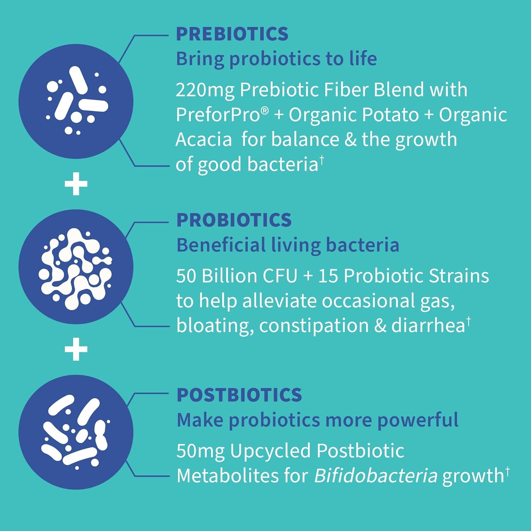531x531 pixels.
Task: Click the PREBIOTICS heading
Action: pos(232,34)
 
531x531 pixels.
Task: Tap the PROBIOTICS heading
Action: pos(234,220)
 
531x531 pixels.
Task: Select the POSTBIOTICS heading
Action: pos(239,395)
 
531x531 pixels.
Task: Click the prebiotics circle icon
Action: pos(76,102)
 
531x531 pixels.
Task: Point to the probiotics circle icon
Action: pos(76,267)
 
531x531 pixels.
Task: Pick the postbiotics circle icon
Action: pos(76,432)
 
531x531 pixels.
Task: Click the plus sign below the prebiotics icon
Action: pos(76,184)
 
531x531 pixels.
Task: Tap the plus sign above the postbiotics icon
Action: pos(76,350)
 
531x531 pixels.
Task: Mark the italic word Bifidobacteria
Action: pos(376,476)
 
